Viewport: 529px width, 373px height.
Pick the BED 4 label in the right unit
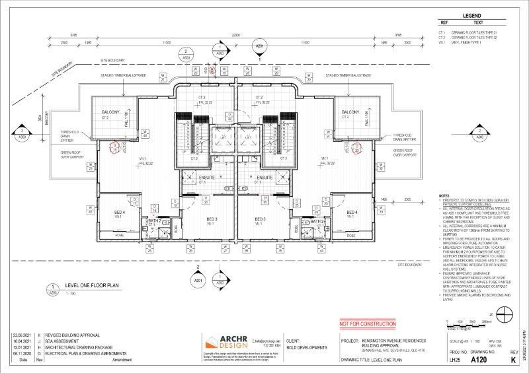pyautogui.click(x=352, y=212)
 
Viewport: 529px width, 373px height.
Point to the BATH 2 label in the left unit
pyautogui.click(x=153, y=220)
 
